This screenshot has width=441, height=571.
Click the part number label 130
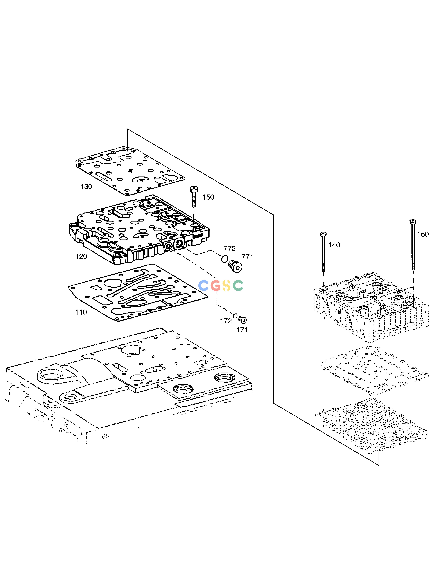(x=86, y=187)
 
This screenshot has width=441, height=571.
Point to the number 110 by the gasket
(x=81, y=312)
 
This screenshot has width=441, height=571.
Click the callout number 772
(x=229, y=248)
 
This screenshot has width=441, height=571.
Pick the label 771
(x=247, y=257)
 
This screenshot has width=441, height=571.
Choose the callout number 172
(x=226, y=321)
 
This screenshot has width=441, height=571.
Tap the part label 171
(x=242, y=330)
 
